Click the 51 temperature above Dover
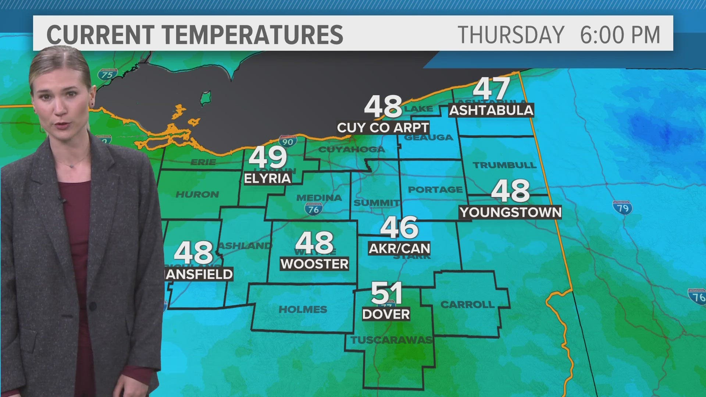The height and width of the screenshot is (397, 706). (x=386, y=293)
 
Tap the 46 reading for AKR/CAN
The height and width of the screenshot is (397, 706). (x=399, y=228)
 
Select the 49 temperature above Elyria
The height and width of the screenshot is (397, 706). (x=268, y=157)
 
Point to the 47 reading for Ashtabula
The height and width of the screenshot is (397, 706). (x=491, y=89)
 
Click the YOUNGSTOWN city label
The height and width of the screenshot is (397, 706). (x=511, y=212)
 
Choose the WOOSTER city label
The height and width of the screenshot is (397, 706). (x=314, y=264)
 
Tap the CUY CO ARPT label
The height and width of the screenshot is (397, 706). (x=383, y=128)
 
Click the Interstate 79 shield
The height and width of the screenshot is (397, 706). (x=622, y=208)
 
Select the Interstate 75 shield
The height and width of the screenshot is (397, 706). (x=107, y=75)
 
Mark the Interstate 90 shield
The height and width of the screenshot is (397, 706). (x=288, y=141)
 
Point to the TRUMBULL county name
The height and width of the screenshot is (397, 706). (x=504, y=165)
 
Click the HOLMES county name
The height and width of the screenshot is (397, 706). (x=303, y=310)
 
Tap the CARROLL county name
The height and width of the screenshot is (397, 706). (x=467, y=304)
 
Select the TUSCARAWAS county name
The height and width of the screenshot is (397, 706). (x=391, y=340)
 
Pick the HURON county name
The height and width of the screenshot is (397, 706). (x=197, y=194)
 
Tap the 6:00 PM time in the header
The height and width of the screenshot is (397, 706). (x=620, y=35)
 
